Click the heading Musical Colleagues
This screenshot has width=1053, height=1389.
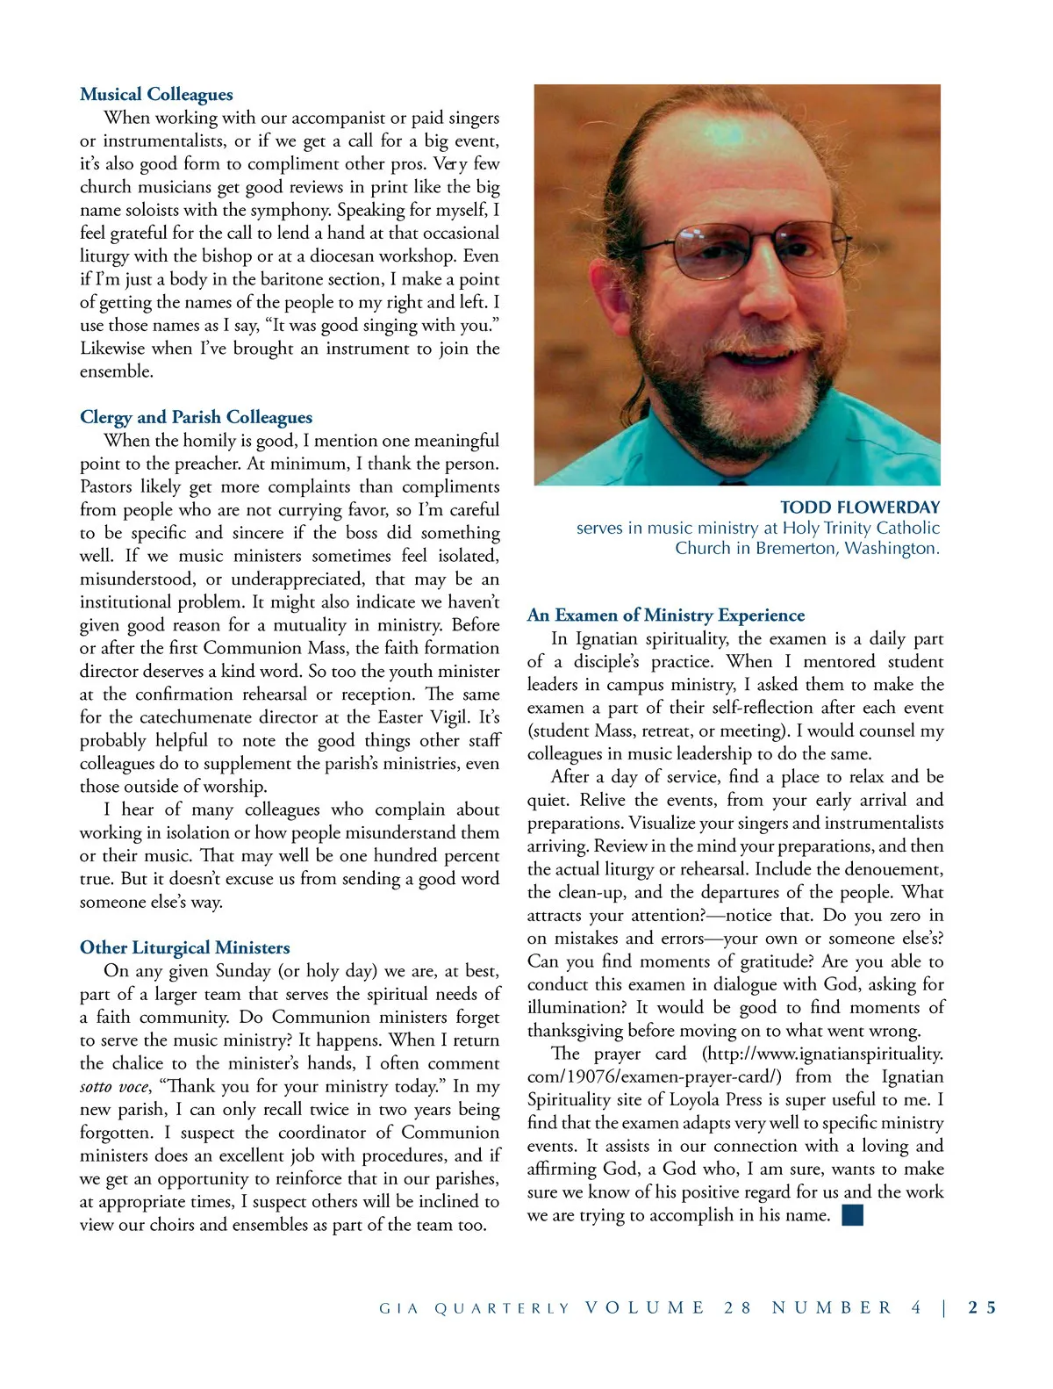tap(156, 94)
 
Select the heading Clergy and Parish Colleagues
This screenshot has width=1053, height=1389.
tap(196, 417)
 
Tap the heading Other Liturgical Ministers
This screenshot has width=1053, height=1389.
tap(184, 947)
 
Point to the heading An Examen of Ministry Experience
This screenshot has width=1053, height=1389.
tap(665, 615)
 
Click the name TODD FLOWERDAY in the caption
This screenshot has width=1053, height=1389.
tap(859, 507)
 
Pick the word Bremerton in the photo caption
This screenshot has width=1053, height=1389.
tap(796, 548)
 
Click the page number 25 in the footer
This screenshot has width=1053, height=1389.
tap(982, 1307)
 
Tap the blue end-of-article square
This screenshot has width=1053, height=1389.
tap(852, 1215)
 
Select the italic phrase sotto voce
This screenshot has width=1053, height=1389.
tap(114, 1087)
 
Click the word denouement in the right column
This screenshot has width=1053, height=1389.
tap(894, 869)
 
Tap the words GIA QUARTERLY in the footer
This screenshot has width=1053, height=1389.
tap(474, 1308)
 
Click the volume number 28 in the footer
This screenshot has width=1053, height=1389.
tap(738, 1307)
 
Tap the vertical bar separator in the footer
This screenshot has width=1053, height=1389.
tap(944, 1307)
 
